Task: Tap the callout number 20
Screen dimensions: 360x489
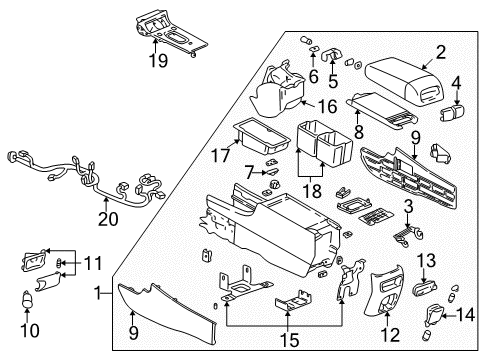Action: coord(108,218)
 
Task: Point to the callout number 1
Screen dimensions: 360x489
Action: coord(97,296)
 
